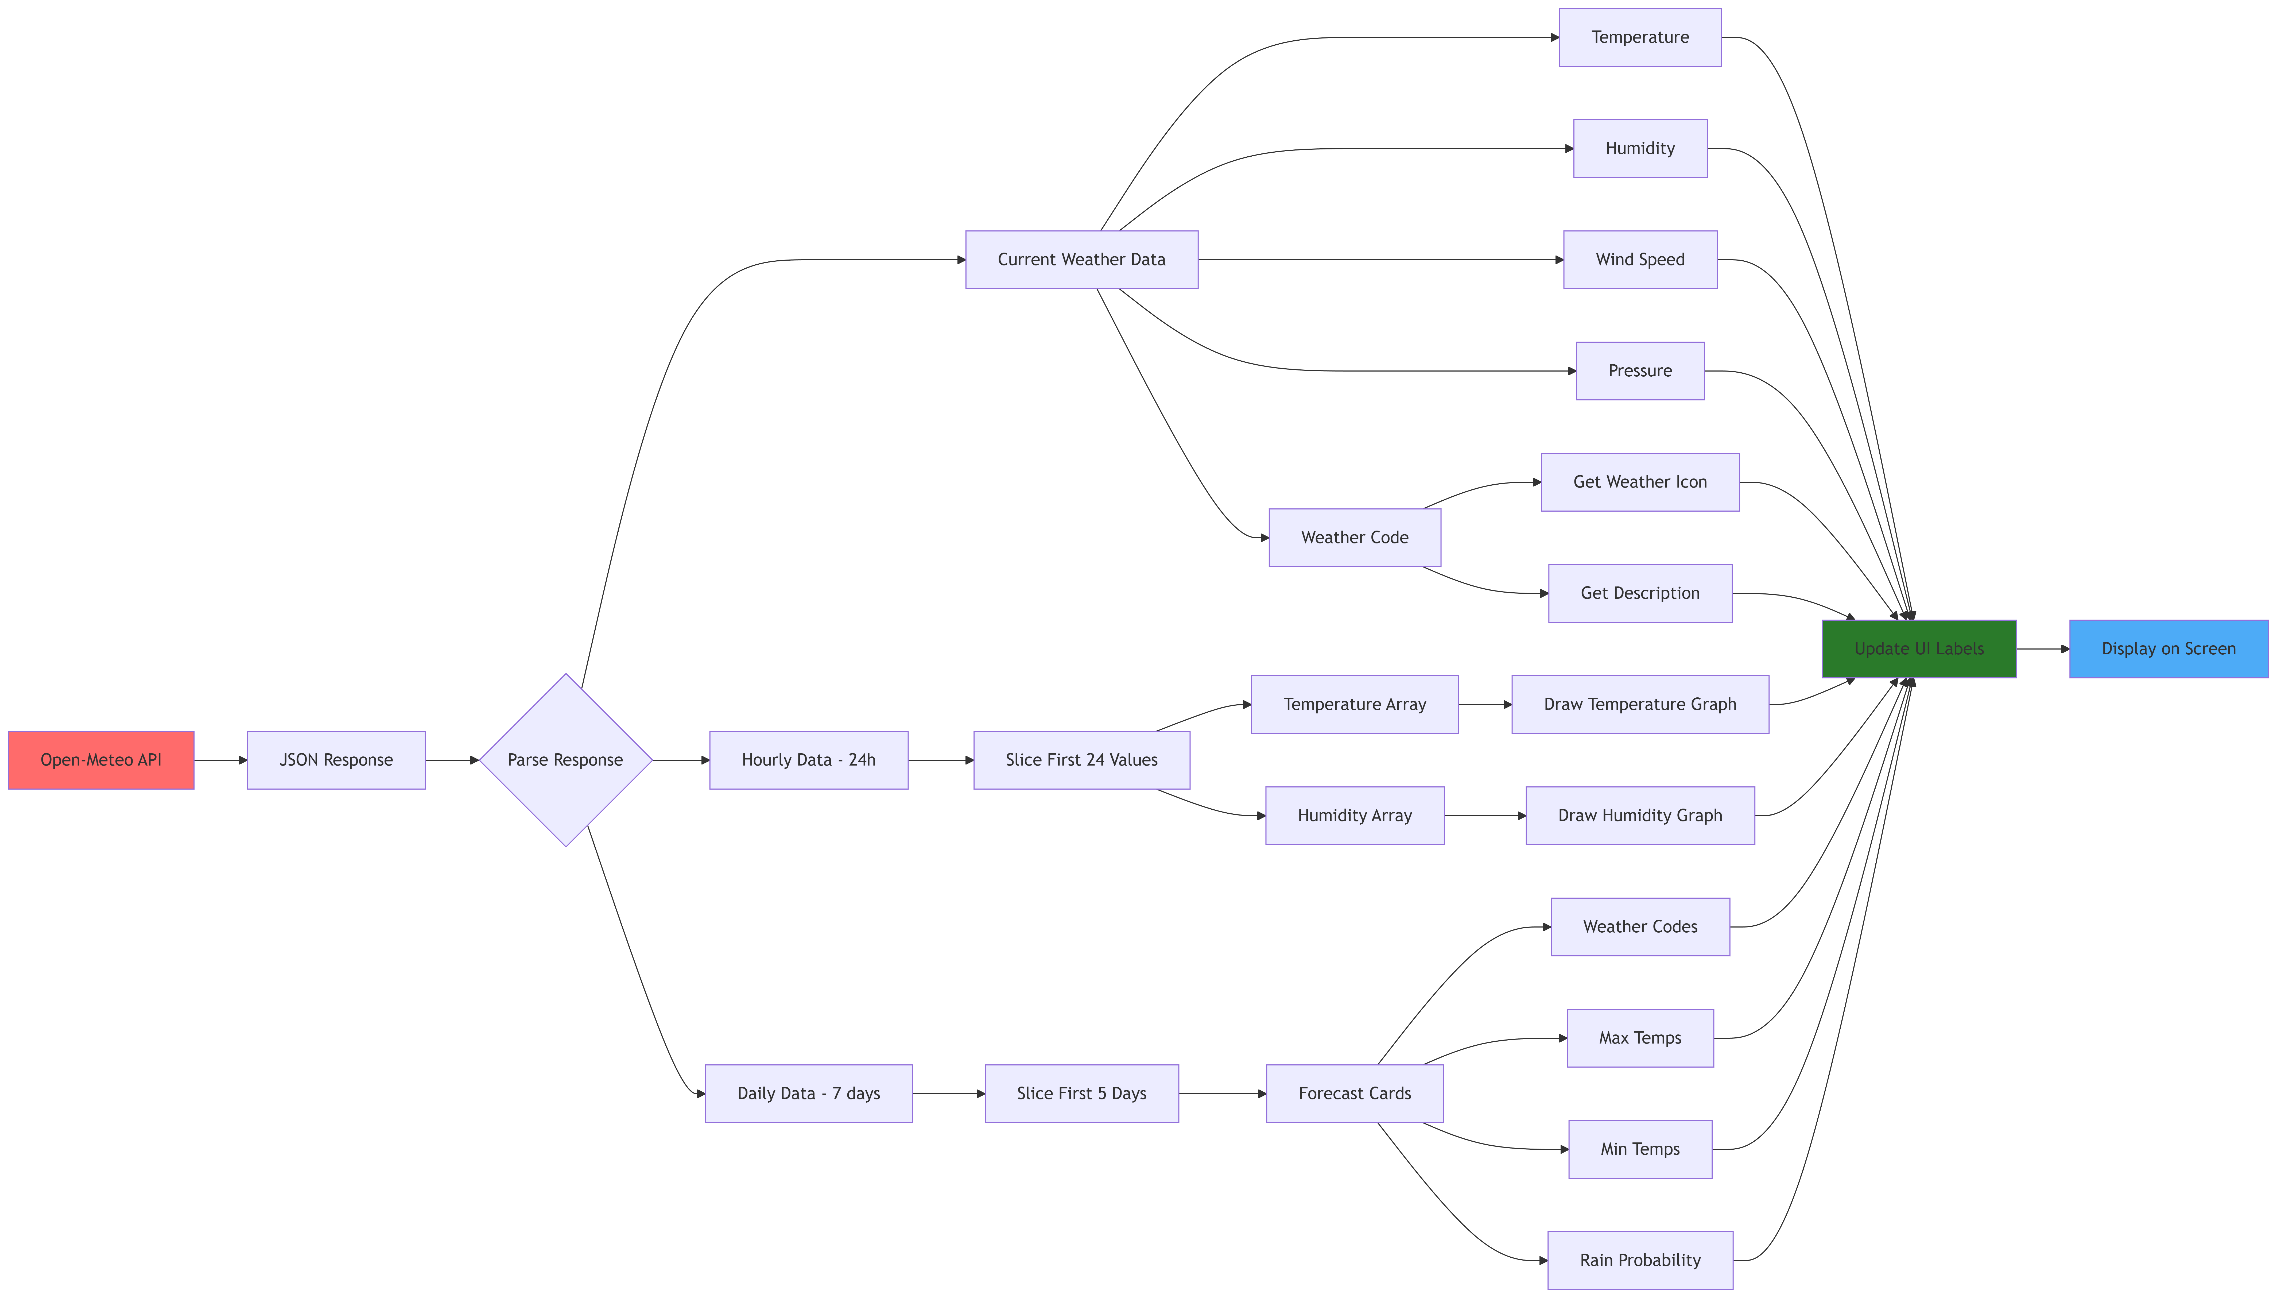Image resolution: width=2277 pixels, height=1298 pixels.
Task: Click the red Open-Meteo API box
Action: coord(101,760)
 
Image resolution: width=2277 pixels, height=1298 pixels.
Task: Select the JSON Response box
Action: coord(336,760)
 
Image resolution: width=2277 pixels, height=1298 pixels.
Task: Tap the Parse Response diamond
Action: coord(565,760)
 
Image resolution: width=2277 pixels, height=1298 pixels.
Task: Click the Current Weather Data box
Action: coord(1081,260)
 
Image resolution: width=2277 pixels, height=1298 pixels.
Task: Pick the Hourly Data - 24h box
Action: coord(808,760)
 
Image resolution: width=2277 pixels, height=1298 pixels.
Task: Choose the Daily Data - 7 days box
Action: coord(808,1093)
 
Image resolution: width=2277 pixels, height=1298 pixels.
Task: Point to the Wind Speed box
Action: coord(1640,260)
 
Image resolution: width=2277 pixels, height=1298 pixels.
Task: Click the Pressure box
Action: coord(1640,371)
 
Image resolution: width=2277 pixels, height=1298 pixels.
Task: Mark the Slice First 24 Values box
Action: coord(1081,760)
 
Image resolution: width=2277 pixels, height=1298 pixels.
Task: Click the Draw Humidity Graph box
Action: coord(1640,816)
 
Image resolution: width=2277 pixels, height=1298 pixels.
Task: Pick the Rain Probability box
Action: coord(1640,1260)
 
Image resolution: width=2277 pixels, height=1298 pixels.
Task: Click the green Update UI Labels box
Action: coord(1919,649)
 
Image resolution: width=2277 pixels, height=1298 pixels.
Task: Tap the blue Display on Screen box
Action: coord(2168,649)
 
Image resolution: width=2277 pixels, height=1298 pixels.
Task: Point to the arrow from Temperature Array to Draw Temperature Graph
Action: coord(1485,704)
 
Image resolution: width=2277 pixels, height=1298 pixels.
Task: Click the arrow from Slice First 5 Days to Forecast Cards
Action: coord(1222,1093)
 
